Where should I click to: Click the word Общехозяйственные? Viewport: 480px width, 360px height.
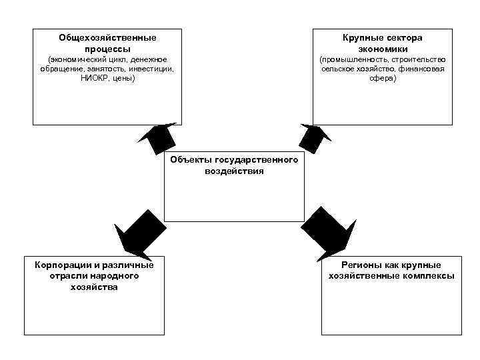(x=107, y=38)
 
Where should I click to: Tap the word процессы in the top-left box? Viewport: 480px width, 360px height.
(x=107, y=49)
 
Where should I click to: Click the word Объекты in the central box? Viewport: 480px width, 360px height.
(x=191, y=160)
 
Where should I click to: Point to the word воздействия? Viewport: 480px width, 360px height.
(x=234, y=171)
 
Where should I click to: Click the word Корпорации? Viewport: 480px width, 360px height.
(x=61, y=265)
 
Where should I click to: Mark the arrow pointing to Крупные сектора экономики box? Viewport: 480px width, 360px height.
(x=313, y=137)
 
